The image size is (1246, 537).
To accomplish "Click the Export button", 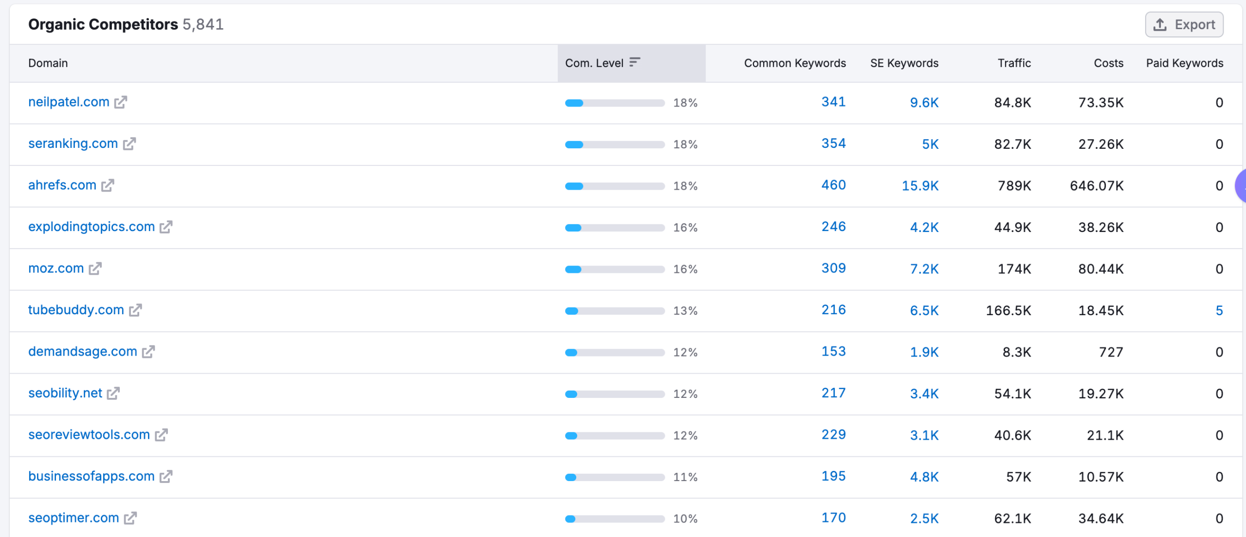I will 1184,24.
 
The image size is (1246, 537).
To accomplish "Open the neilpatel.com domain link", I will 69,102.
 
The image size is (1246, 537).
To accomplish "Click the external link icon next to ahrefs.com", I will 108,185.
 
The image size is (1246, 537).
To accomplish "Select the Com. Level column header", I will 594,63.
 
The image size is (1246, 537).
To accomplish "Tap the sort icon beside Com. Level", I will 634,62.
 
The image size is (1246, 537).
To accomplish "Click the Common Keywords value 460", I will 833,185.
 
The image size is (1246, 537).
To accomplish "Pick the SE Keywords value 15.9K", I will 920,186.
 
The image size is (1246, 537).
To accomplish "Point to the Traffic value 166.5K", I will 1008,310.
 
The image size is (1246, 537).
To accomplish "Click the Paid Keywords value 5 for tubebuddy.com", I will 1219,310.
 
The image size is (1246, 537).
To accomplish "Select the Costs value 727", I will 1111,352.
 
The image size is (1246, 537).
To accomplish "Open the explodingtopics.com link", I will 92,227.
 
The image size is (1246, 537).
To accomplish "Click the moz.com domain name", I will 56,268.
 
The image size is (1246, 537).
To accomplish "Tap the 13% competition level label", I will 685,311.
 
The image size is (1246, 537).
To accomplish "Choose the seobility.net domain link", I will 65,393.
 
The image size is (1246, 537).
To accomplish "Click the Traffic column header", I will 1014,63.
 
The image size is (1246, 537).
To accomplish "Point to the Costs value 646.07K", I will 1097,186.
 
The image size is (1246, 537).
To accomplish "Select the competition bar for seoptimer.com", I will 615,519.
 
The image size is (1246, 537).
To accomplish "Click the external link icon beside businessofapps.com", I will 166,477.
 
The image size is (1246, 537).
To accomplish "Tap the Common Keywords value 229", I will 833,435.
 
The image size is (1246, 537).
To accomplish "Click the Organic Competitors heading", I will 103,24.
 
